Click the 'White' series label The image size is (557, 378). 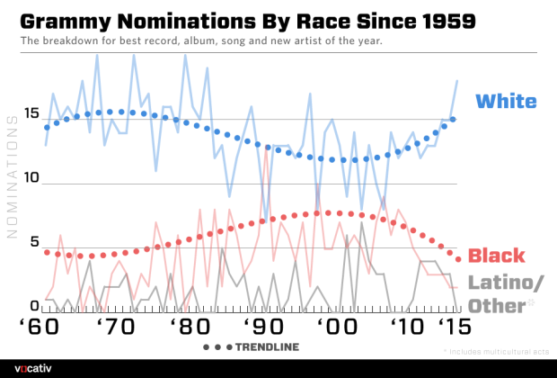505,101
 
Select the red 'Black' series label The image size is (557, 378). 497,255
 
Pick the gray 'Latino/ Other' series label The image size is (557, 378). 507,294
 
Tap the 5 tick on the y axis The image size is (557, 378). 33,242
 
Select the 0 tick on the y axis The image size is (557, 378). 33,306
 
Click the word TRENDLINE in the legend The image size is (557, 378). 270,346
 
